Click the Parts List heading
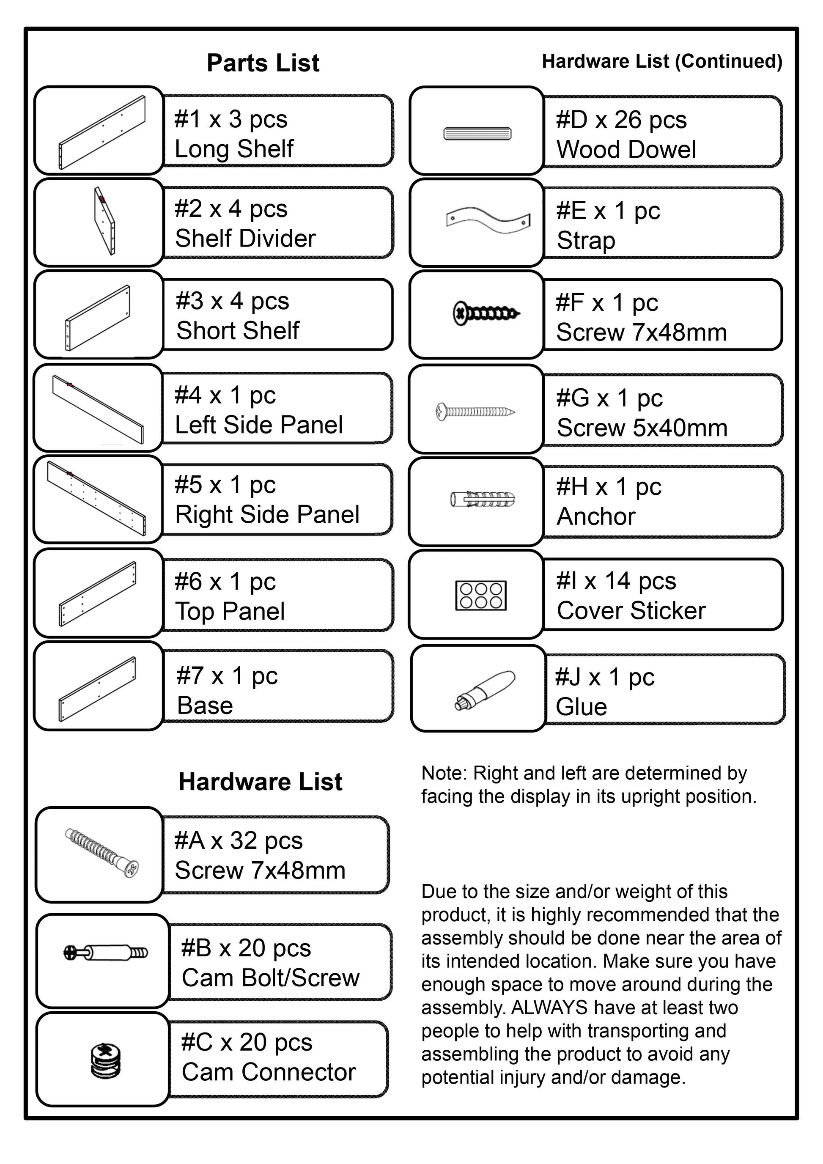263,63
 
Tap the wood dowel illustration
477,133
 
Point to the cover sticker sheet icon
481,595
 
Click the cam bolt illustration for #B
105,953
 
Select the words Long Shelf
234,149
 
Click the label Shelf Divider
245,238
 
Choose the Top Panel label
230,611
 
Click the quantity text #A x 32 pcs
238,840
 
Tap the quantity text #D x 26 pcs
621,120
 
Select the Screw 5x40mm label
642,428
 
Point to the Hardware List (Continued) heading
662,61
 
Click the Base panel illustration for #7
97,689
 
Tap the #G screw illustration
475,411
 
